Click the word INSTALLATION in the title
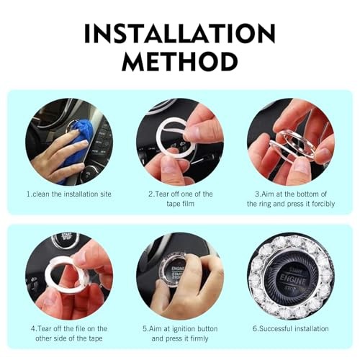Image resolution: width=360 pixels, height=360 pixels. pos(180,33)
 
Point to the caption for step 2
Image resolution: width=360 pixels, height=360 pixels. pos(180,199)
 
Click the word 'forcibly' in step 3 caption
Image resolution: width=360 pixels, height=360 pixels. pos(323,204)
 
